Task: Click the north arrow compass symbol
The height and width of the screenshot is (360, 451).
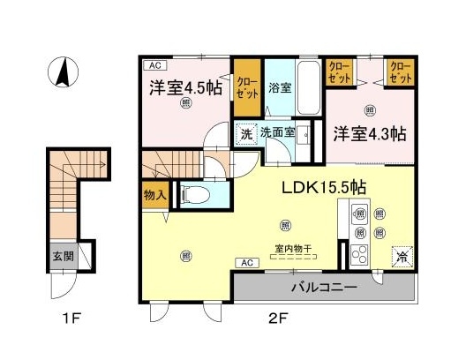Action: pyautogui.click(x=64, y=71)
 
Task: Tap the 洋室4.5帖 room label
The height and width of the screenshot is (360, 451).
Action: pyautogui.click(x=185, y=87)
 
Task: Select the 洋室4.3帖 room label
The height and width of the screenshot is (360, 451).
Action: pyautogui.click(x=370, y=134)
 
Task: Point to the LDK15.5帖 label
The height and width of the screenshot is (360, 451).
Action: pyautogui.click(x=324, y=187)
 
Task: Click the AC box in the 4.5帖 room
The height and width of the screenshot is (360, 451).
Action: pyautogui.click(x=155, y=65)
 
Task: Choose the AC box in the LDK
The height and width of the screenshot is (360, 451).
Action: pyautogui.click(x=247, y=263)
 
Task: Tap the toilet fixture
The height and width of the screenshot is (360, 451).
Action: pyautogui.click(x=196, y=194)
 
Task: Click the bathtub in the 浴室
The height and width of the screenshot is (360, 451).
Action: pyautogui.click(x=308, y=87)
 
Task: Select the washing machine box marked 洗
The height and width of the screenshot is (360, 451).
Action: pyautogui.click(x=246, y=134)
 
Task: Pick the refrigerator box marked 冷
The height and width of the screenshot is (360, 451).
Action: pyautogui.click(x=402, y=257)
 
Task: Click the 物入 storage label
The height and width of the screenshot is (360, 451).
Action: pyautogui.click(x=155, y=195)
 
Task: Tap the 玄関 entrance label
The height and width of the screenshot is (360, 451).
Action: pyautogui.click(x=64, y=257)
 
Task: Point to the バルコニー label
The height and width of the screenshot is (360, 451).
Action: pyautogui.click(x=324, y=287)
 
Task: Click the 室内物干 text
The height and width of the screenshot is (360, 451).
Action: pyautogui.click(x=293, y=249)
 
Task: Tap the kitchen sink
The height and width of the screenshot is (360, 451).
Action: pyautogui.click(x=360, y=214)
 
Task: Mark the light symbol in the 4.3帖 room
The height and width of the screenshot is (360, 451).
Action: pyautogui.click(x=370, y=110)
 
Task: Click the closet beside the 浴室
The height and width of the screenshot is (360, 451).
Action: pyautogui.click(x=247, y=87)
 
